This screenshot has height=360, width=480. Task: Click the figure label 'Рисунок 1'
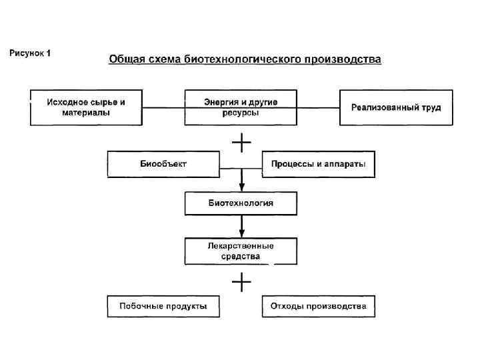tap(30, 53)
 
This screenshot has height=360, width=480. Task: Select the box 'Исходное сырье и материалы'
tap(86, 107)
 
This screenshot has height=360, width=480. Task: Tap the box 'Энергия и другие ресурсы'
tap(241, 107)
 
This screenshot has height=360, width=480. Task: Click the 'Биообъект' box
tap(163, 164)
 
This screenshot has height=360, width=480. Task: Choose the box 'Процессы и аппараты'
tap(318, 164)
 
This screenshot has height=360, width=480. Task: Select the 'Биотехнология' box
tap(241, 203)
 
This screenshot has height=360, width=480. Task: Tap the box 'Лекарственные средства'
tap(241, 251)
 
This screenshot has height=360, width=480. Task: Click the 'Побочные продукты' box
tap(163, 306)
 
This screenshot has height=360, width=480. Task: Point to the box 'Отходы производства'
tap(318, 306)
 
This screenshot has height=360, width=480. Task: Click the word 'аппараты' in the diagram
tap(345, 164)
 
